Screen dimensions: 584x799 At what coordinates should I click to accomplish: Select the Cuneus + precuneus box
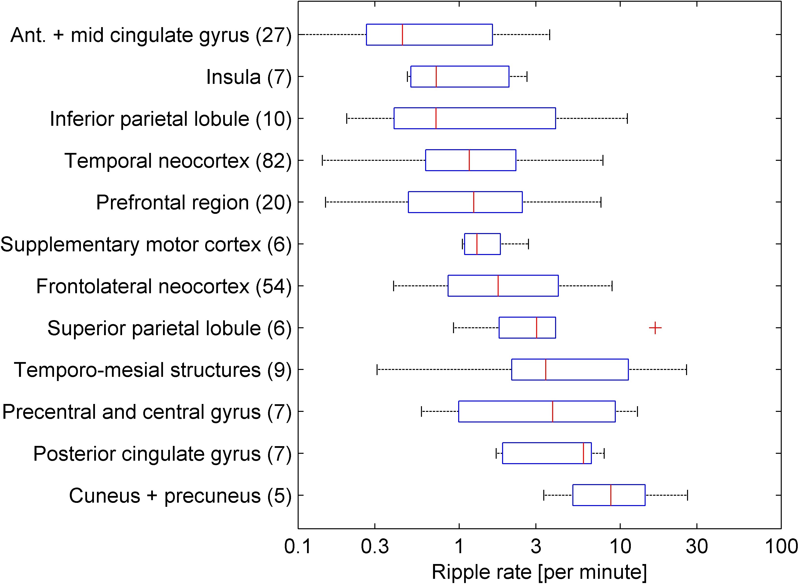609,495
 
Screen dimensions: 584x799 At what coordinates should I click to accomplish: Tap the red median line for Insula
436,76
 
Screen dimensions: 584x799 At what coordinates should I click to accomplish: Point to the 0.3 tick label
375,547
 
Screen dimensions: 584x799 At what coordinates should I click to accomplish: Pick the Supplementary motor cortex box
482,244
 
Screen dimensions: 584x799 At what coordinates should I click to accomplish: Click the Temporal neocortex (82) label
178,161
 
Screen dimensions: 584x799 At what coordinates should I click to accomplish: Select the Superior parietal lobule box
527,328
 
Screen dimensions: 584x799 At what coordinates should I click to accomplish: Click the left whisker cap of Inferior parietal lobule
347,118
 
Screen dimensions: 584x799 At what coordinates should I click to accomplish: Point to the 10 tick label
620,547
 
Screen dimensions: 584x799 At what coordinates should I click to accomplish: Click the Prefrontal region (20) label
194,202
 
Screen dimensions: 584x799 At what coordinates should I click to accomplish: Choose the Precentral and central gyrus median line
552,411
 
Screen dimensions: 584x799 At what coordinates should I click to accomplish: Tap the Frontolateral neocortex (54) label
163,286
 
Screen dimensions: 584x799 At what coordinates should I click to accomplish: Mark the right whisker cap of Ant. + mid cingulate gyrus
549,35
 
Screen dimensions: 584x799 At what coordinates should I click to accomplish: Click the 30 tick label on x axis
696,547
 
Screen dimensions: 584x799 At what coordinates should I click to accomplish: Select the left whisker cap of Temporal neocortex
322,160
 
